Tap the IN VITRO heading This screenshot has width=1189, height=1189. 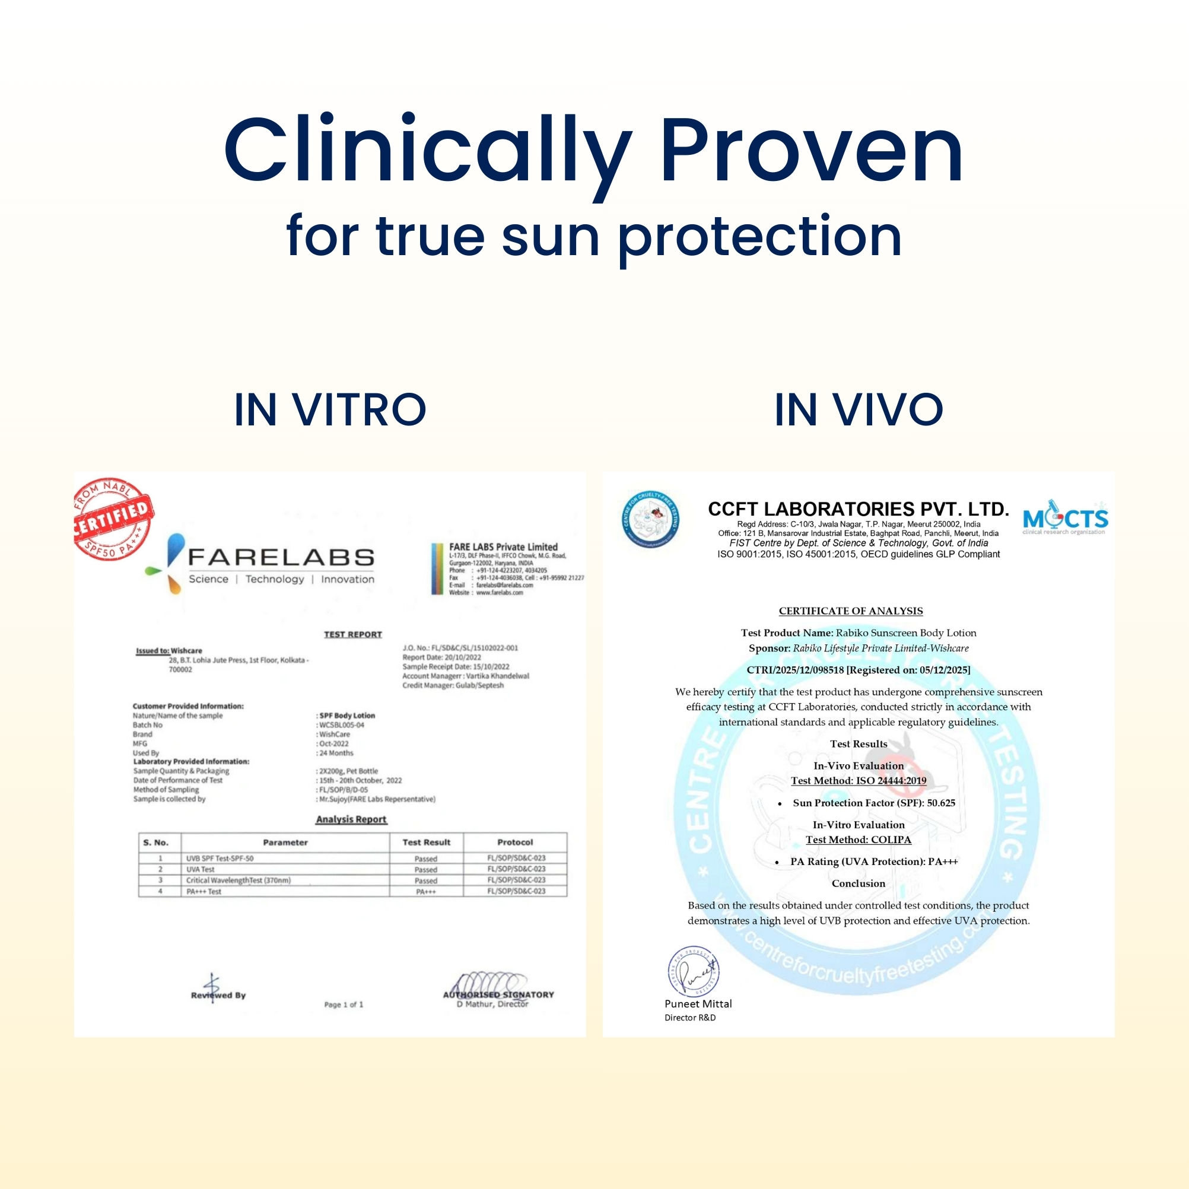coord(330,410)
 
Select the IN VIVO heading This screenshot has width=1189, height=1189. coord(859,410)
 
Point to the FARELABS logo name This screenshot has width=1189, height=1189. coord(281,558)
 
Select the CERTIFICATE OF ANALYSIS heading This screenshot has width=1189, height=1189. coord(851,611)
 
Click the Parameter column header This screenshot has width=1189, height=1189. coord(285,843)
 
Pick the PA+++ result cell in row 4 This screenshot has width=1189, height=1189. coord(426,892)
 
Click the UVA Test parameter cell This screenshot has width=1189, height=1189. coord(201,870)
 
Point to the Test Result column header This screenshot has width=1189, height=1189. coord(426,843)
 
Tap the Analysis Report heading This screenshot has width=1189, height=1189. coord(351,820)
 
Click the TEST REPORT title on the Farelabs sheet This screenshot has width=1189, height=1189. coord(352,634)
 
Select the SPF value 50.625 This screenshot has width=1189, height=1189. coord(941,803)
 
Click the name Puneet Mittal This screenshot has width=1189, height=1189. coord(698,1004)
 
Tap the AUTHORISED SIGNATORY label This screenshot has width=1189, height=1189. coord(498,994)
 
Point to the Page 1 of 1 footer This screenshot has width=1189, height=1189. coord(344,1005)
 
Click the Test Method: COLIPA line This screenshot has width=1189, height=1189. coord(859,840)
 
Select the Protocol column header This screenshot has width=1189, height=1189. coord(514,843)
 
